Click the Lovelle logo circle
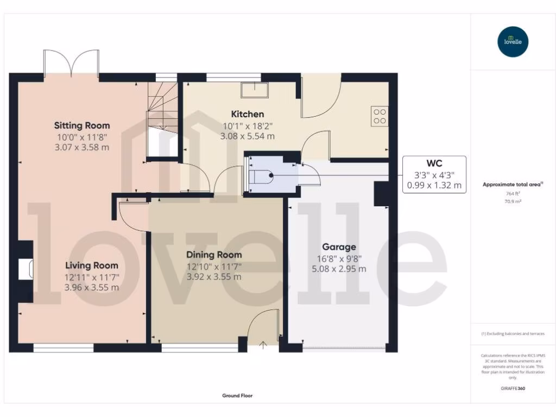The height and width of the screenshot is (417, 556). [513, 42]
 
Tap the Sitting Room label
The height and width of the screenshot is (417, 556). [81, 125]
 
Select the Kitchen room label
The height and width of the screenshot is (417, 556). [248, 114]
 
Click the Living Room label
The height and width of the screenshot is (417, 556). [92, 266]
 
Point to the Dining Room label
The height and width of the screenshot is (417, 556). [214, 255]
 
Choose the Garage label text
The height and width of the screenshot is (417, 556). [338, 247]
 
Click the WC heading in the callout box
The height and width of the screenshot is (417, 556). [434, 163]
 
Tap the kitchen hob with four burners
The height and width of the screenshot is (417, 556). [380, 116]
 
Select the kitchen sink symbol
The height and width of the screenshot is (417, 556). [255, 89]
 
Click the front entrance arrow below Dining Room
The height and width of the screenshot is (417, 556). [264, 344]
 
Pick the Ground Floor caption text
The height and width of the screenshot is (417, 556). [237, 396]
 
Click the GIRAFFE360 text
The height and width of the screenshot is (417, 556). [513, 388]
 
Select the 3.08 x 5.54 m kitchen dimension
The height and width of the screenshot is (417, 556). [247, 136]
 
